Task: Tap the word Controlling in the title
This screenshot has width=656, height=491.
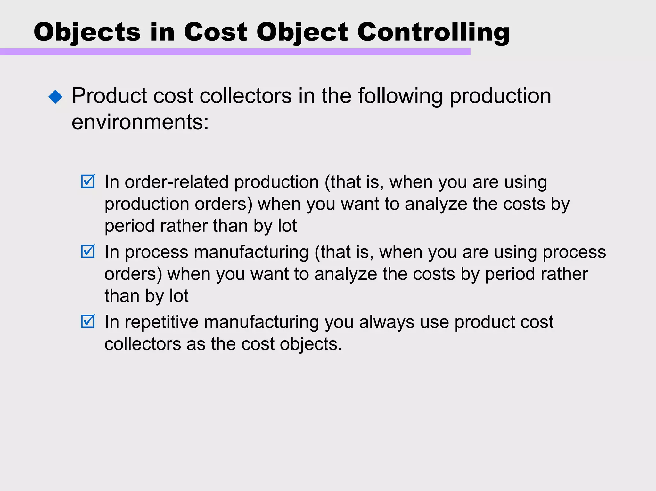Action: point(433,32)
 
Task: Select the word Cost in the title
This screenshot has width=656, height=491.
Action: point(215,32)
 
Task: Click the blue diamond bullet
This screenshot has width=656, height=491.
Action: point(55,96)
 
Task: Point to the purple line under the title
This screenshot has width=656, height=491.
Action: point(235,52)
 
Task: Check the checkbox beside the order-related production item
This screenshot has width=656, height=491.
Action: point(88,181)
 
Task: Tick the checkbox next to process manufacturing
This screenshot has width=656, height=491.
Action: point(88,251)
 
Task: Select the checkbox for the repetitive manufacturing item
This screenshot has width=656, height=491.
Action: point(88,321)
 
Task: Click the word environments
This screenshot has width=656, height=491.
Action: point(140,122)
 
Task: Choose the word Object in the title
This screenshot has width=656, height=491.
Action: point(302,32)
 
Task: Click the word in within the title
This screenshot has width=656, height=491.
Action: point(162,32)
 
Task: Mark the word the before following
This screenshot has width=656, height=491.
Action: point(336,96)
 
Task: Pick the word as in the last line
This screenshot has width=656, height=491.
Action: point(196,344)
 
